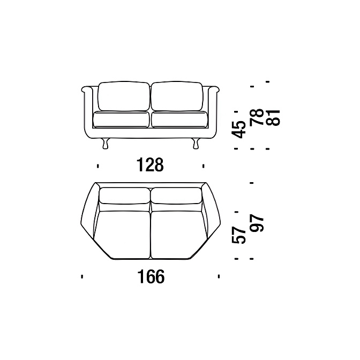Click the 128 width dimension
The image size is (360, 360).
pyautogui.click(x=150, y=164)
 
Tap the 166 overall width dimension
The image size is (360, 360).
pyautogui.click(x=151, y=276)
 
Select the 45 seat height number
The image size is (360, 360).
pyautogui.click(x=239, y=129)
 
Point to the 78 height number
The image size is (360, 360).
pyautogui.click(x=256, y=117)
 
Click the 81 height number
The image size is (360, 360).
pyautogui.click(x=273, y=117)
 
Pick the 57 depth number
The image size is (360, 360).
pyautogui.click(x=239, y=235)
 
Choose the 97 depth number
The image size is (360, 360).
pyautogui.click(x=257, y=223)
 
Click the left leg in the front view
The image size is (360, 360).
pyautogui.click(x=105, y=144)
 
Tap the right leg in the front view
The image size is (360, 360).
pyautogui.click(x=196, y=144)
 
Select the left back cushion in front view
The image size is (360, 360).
pyautogui.click(x=124, y=96)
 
